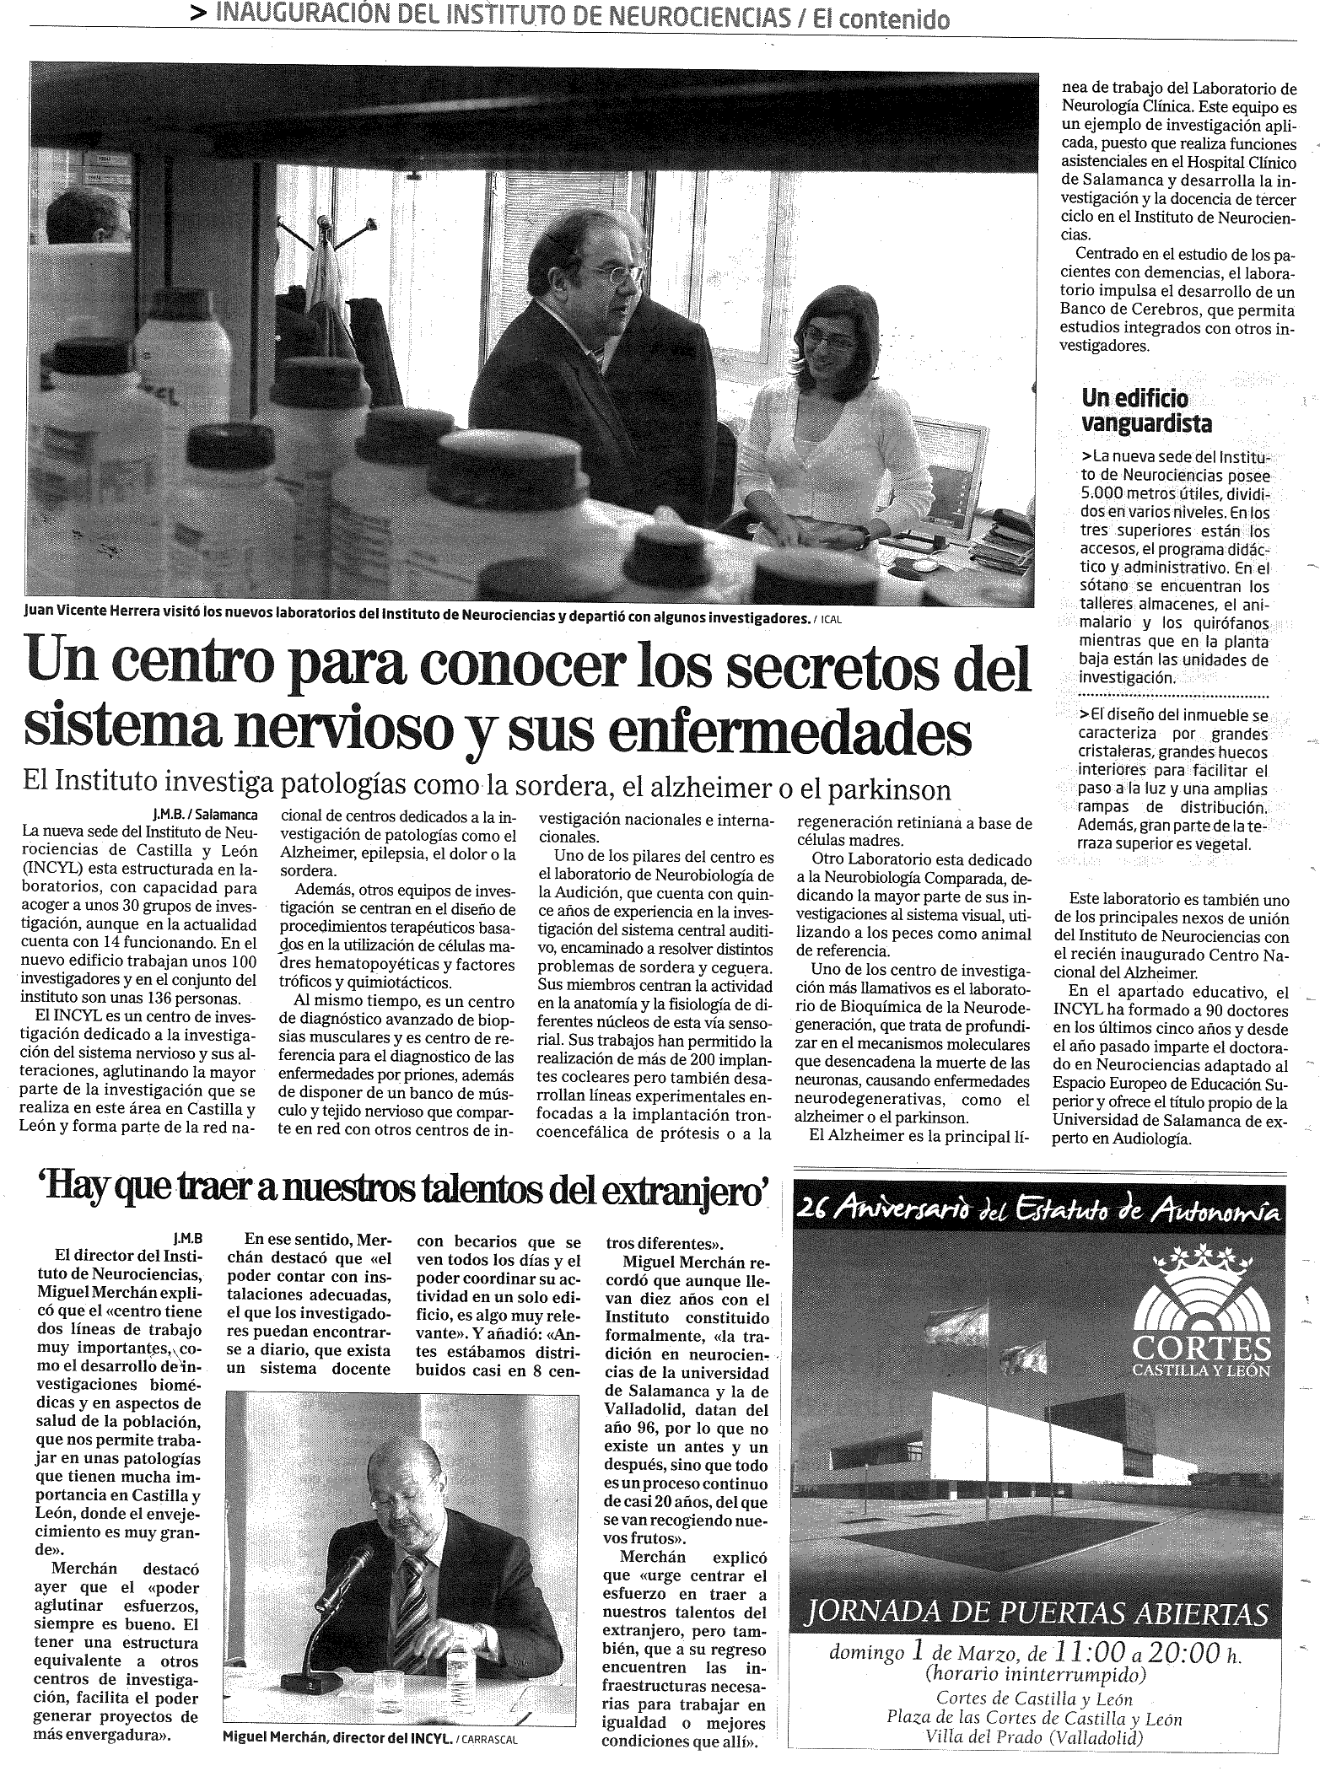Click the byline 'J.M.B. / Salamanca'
(205, 816)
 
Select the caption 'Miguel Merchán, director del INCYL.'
(337, 1739)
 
